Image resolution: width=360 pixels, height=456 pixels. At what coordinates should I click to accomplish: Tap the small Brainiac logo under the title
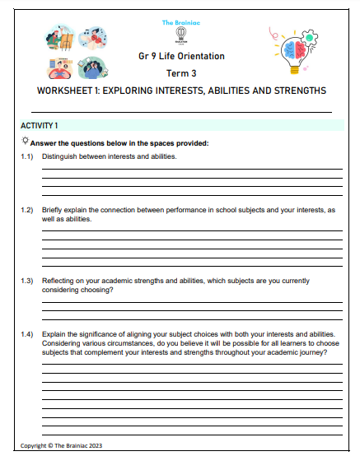[180, 36]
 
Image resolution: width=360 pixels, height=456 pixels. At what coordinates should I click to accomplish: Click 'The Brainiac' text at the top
[180, 22]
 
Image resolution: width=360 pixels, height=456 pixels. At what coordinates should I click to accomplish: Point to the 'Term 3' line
[180, 73]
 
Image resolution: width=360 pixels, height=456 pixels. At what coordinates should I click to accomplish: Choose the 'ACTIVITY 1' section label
[39, 126]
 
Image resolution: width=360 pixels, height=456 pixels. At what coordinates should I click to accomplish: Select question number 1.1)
[27, 156]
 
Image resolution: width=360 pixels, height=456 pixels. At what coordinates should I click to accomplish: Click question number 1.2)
[27, 211]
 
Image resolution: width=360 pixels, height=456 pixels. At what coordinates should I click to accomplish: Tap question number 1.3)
[27, 281]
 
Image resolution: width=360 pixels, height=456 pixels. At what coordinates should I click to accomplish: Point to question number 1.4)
[27, 334]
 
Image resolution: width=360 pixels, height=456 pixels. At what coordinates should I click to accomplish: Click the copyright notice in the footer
[62, 445]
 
